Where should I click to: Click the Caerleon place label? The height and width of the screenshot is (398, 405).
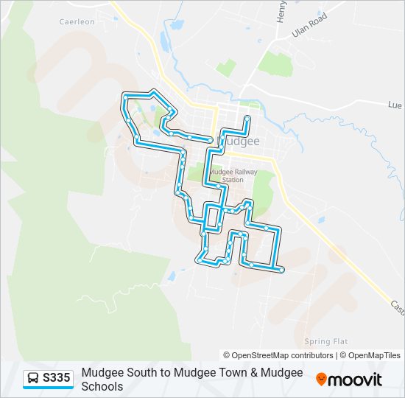point(77,22)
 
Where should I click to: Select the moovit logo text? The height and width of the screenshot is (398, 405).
point(356,380)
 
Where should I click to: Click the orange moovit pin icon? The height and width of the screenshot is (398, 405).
point(322,380)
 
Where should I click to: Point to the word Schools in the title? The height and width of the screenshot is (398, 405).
point(102,386)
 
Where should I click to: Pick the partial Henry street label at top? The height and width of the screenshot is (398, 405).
point(281,11)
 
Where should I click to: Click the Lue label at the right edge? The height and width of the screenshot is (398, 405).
point(395,105)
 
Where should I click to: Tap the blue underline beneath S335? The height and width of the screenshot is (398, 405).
point(48,388)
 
